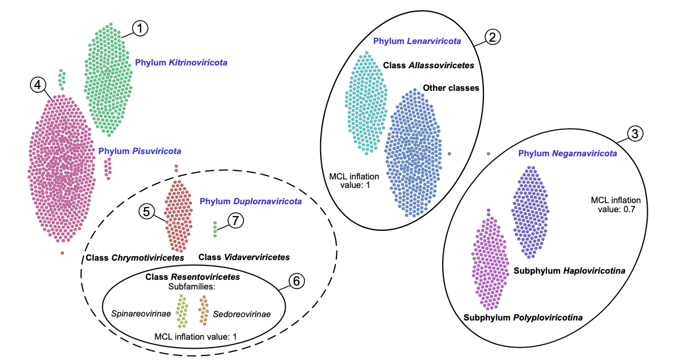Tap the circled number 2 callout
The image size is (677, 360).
(492, 37)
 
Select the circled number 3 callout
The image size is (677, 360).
(635, 134)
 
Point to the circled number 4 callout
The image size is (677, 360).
(37, 85)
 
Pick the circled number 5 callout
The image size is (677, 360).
(146, 212)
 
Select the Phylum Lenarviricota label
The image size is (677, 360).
(417, 41)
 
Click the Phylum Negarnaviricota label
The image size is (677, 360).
(567, 153)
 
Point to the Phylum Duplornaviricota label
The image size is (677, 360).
(251, 201)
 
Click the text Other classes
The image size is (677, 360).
(451, 88)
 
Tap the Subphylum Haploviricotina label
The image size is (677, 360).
(569, 271)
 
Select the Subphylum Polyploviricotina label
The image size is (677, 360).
(523, 318)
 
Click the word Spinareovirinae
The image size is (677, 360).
(141, 314)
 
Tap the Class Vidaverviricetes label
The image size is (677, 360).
(244, 257)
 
